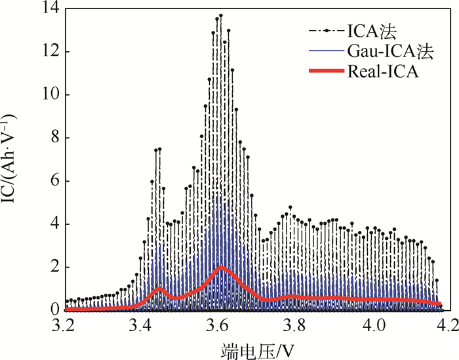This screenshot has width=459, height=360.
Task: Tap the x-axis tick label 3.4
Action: pyautogui.click(x=143, y=324)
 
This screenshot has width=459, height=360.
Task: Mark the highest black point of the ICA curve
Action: pyautogui.click(x=221, y=15)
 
